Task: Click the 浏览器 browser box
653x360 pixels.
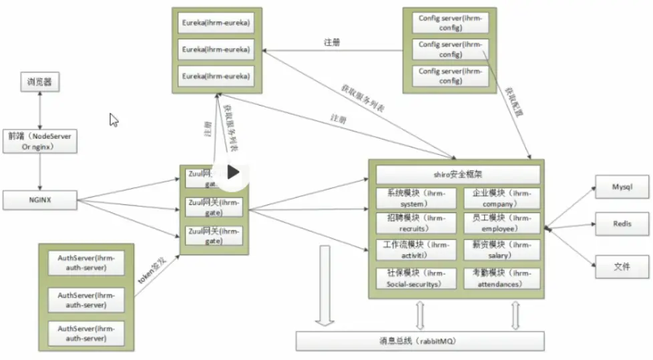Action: (x=39, y=83)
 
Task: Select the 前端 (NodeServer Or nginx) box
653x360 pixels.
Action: (x=39, y=141)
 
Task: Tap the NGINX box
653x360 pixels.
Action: (x=39, y=199)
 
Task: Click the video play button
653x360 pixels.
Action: (x=232, y=172)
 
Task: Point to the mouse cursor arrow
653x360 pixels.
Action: (x=114, y=120)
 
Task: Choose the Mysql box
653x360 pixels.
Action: (x=622, y=188)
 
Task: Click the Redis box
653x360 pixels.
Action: (x=622, y=224)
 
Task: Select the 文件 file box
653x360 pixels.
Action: (x=622, y=267)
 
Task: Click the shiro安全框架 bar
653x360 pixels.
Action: (x=457, y=175)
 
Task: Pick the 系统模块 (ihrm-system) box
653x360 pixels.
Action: (x=415, y=198)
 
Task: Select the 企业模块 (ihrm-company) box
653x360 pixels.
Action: (x=502, y=198)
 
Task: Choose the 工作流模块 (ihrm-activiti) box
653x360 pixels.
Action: (x=415, y=250)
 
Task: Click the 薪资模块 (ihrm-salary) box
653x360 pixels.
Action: (x=502, y=250)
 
